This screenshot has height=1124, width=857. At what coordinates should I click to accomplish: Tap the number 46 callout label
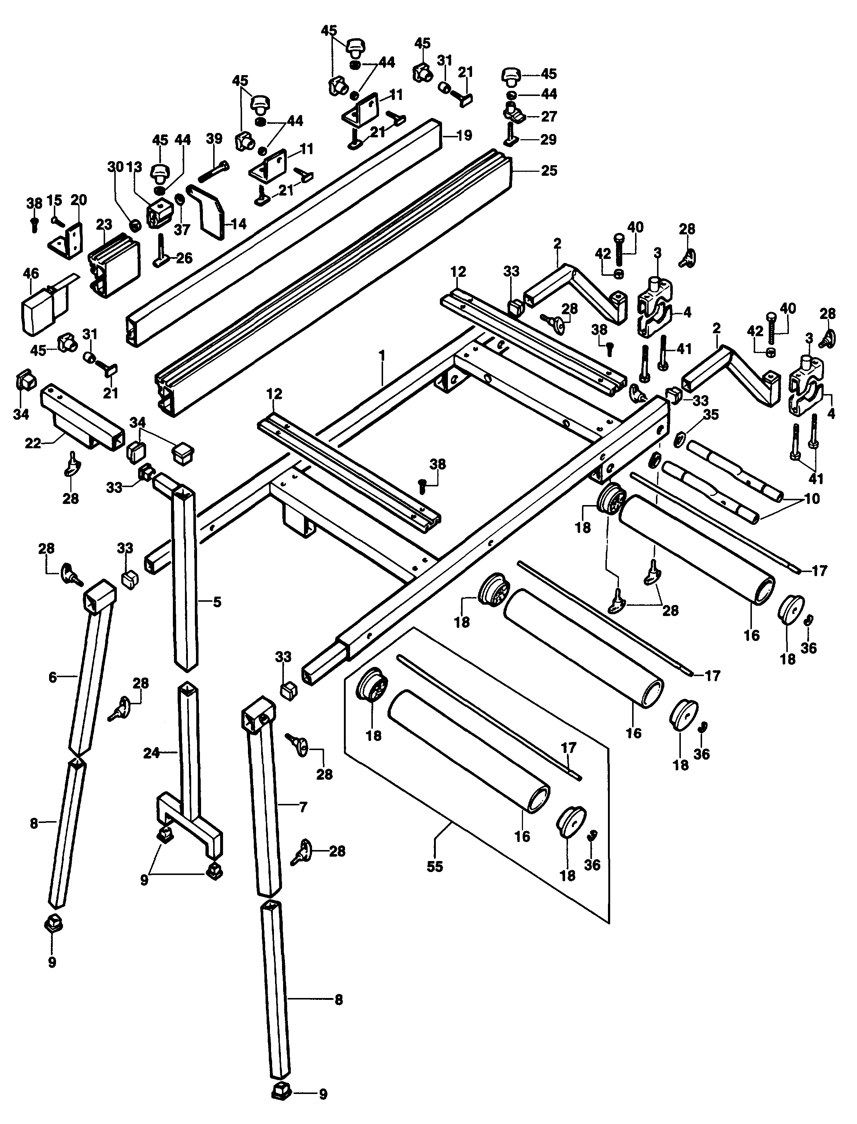click(x=31, y=274)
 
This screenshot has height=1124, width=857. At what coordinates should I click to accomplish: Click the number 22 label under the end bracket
click(x=33, y=444)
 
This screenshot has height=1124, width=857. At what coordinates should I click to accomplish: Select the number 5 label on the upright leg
click(x=217, y=602)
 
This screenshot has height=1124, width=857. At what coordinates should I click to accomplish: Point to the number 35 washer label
click(x=711, y=415)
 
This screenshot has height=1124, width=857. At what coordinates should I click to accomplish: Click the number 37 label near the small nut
click(x=182, y=230)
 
